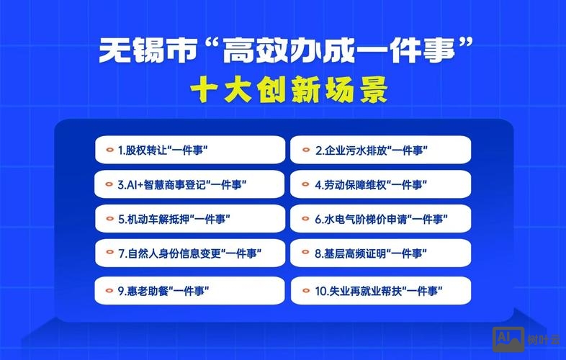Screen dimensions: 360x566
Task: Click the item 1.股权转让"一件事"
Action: click(190, 150)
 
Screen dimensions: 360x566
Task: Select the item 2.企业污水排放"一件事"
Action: click(380, 150)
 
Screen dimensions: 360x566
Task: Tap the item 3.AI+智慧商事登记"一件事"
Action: click(190, 185)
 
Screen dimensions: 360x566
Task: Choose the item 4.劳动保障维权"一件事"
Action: click(380, 185)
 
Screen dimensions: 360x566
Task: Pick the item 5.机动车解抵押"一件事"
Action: click(190, 219)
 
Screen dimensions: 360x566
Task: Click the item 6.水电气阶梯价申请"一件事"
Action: click(380, 219)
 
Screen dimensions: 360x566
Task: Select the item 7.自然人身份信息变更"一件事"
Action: click(190, 253)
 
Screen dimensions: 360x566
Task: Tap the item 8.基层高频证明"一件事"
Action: click(380, 253)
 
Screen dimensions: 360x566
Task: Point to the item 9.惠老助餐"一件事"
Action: click(190, 291)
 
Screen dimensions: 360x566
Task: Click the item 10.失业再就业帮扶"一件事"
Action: click(380, 291)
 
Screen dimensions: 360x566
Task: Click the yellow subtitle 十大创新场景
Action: click(288, 91)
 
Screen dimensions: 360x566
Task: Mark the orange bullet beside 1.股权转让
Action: click(110, 150)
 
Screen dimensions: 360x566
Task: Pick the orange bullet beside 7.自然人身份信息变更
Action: click(110, 253)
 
